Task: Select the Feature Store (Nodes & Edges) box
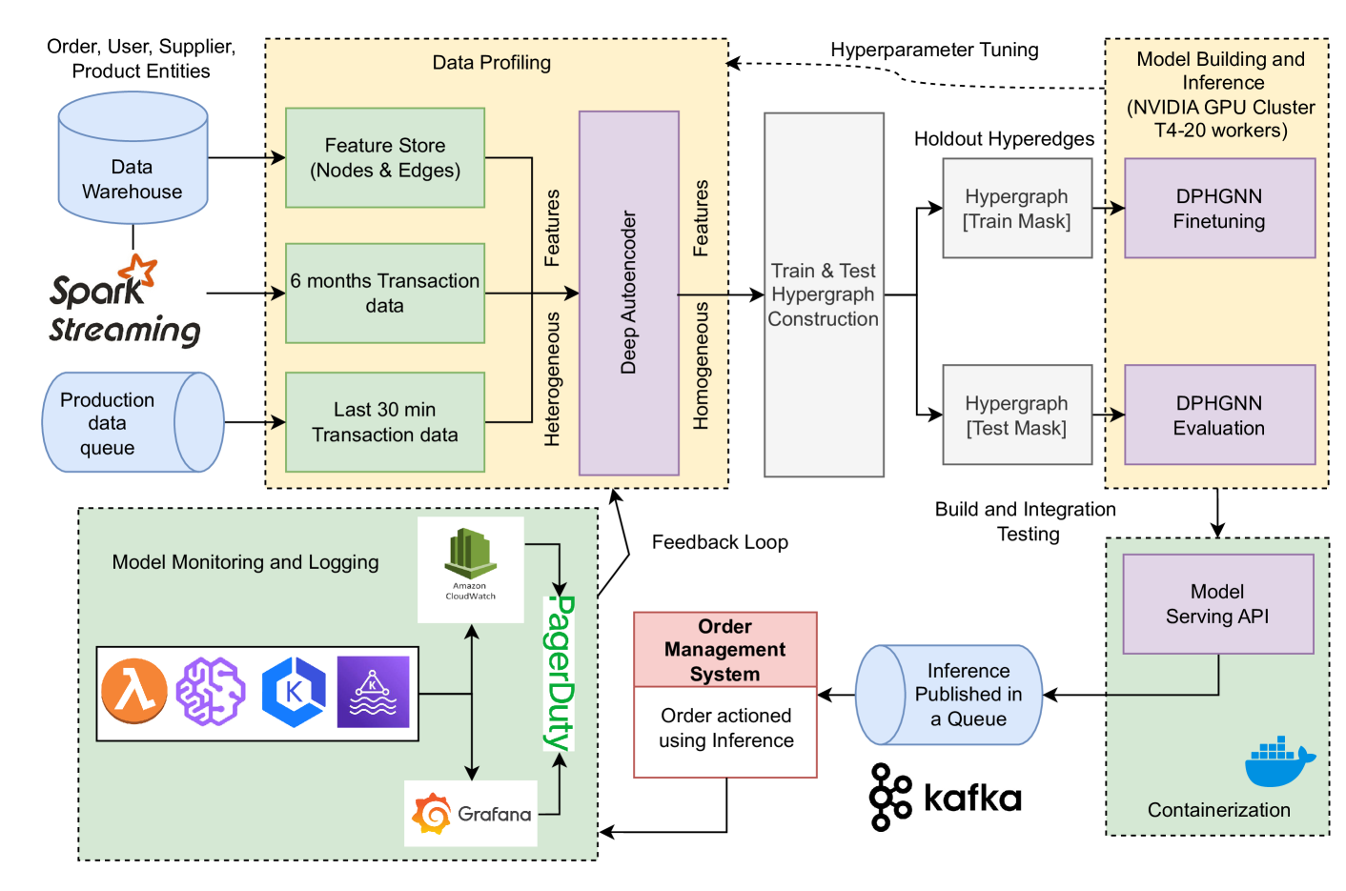(x=385, y=158)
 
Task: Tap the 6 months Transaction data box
(x=385, y=294)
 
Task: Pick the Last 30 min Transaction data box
(x=385, y=422)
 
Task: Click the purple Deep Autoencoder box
(x=629, y=293)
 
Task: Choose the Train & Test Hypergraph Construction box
(x=824, y=294)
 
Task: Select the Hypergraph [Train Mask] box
(x=1017, y=209)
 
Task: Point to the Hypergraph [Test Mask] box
(x=1017, y=415)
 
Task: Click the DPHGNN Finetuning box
(x=1219, y=209)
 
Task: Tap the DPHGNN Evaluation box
(x=1219, y=415)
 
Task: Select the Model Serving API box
(x=1217, y=604)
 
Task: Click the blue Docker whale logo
(x=1278, y=761)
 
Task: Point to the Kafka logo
(x=945, y=797)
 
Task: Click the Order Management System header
(x=725, y=650)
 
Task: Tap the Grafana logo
(x=471, y=814)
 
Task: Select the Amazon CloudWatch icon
(x=471, y=566)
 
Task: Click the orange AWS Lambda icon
(x=134, y=692)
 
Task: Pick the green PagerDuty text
(x=559, y=673)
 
